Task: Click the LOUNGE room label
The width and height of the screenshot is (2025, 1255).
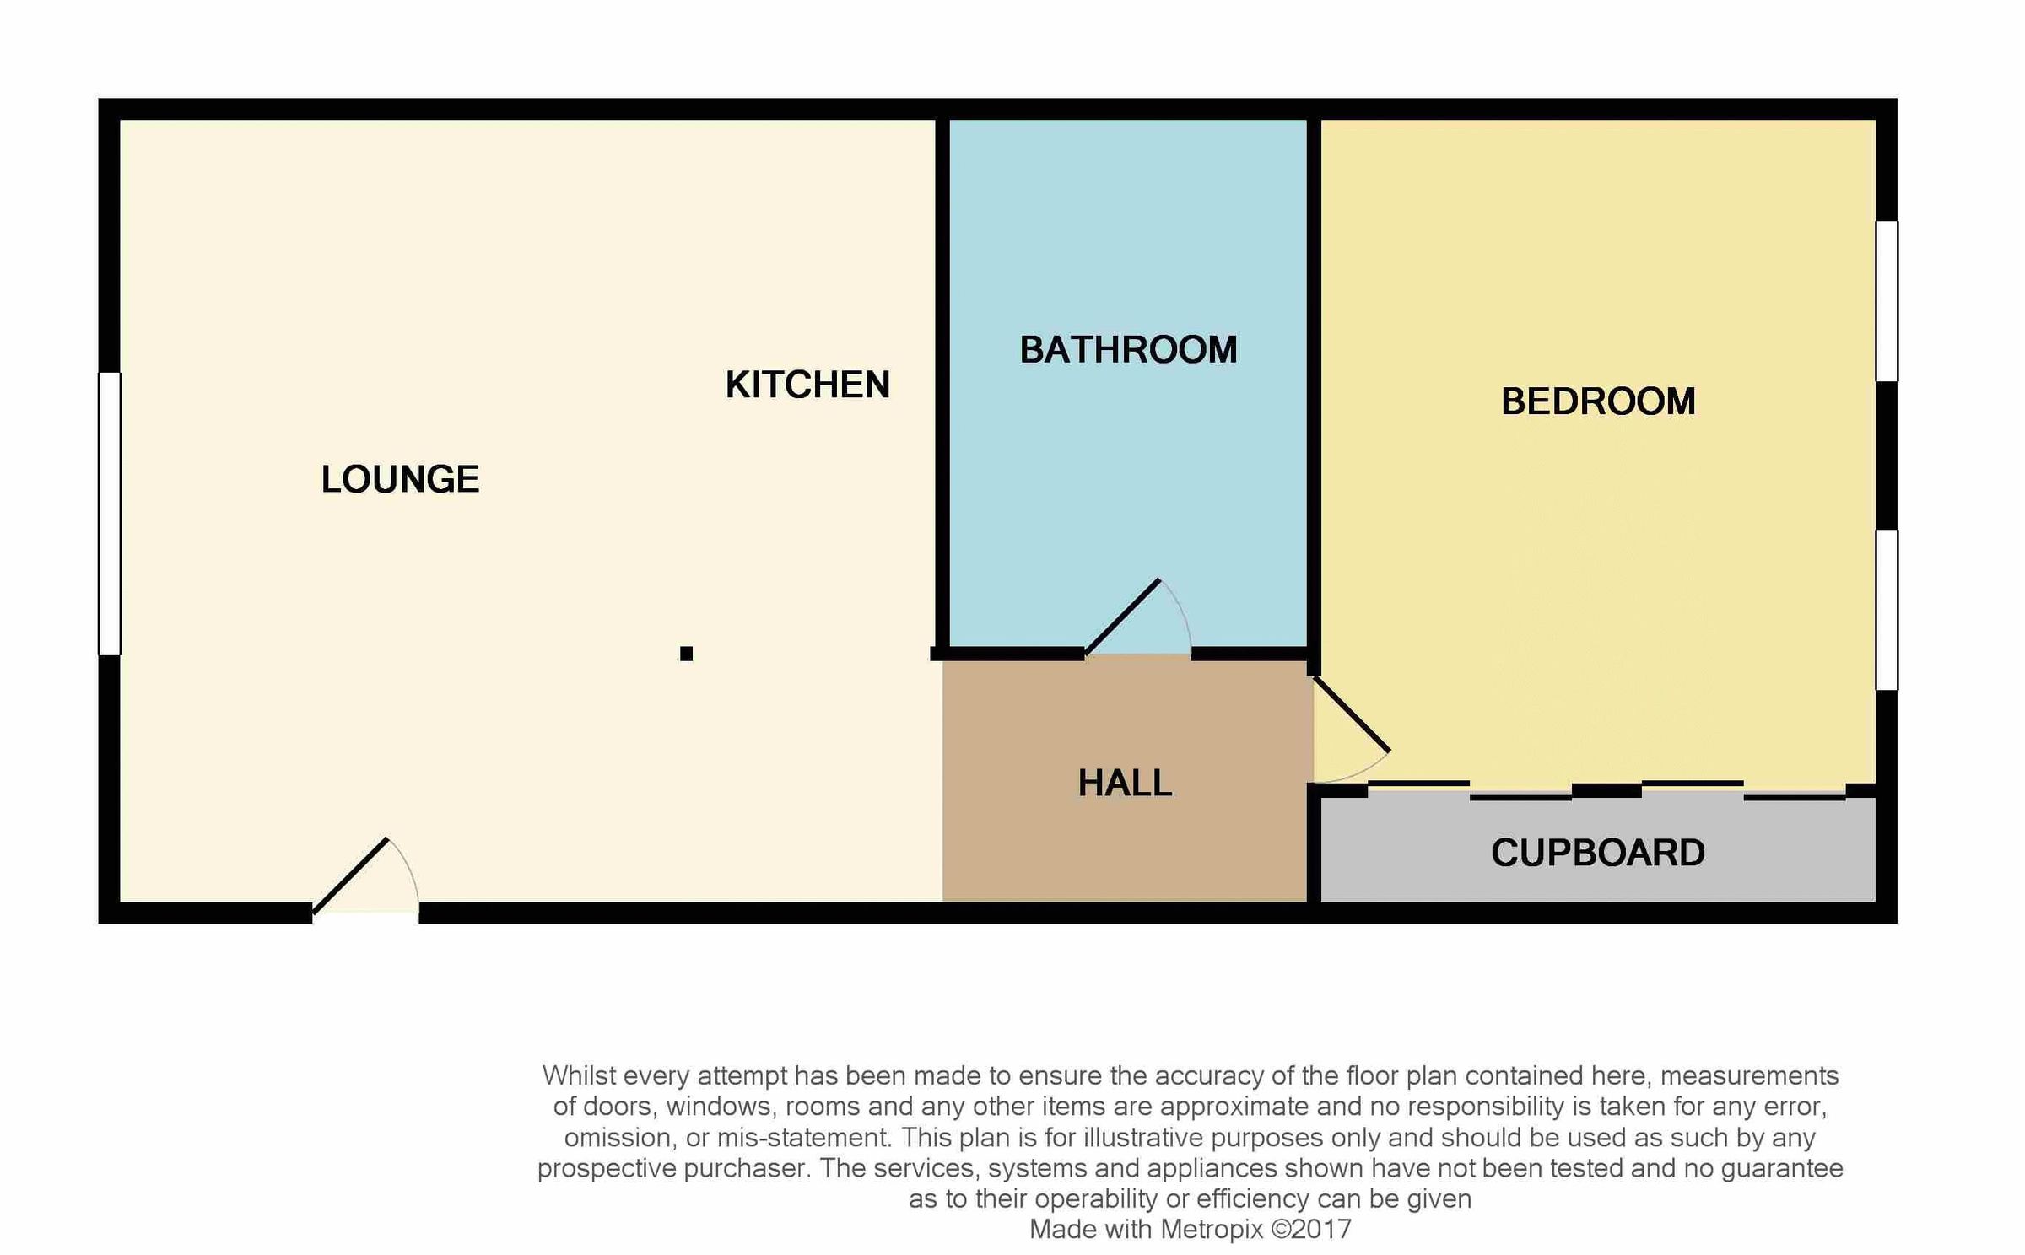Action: (x=400, y=479)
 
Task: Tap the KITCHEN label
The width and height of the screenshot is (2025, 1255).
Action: (x=807, y=385)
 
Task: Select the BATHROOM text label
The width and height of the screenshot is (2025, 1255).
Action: (x=1128, y=350)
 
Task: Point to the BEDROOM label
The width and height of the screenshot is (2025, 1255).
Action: (x=1598, y=401)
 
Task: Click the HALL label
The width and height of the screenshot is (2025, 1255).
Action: (x=1125, y=784)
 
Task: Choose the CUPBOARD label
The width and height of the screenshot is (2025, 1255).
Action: (x=1598, y=853)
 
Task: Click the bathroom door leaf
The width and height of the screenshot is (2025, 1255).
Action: (x=1122, y=617)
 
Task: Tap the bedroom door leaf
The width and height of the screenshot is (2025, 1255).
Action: (x=1352, y=714)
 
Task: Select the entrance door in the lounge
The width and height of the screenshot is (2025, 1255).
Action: (x=350, y=876)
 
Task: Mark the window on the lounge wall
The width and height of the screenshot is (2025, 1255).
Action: (x=110, y=514)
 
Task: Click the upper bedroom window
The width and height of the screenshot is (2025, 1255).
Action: (x=1887, y=301)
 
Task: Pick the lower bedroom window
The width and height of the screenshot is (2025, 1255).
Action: (x=1887, y=610)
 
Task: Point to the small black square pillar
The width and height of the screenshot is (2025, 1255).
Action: (x=686, y=654)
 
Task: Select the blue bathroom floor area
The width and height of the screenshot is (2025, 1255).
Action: (x=1128, y=472)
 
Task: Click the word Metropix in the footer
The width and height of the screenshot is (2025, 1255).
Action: (x=1212, y=1229)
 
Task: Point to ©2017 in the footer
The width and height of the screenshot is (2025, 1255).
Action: (x=1311, y=1229)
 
